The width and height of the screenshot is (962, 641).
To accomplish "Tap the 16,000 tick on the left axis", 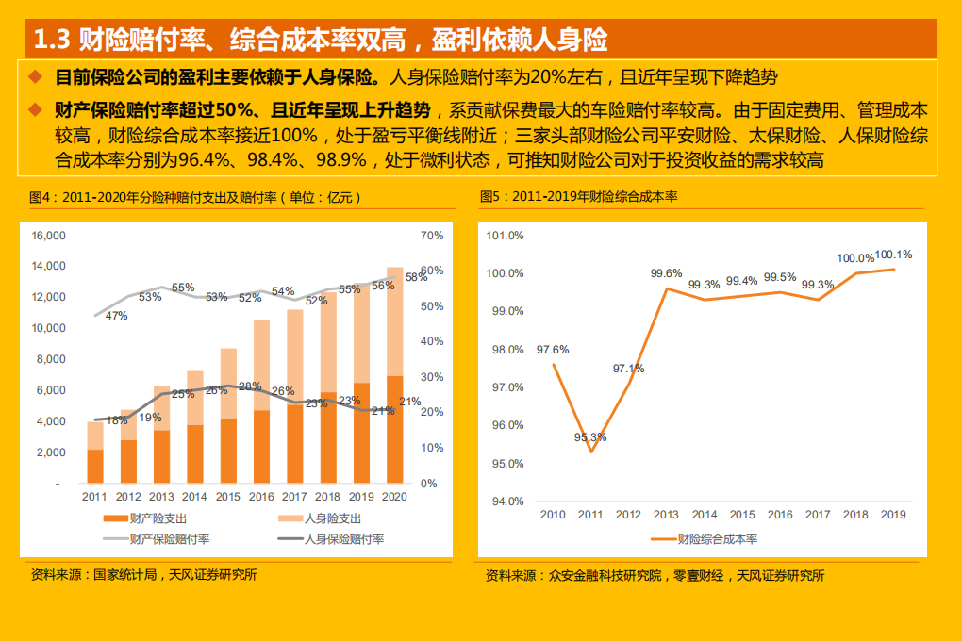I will tap(49, 235).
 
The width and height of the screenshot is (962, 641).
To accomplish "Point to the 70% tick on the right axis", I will tap(430, 235).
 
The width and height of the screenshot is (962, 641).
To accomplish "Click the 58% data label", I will tap(416, 277).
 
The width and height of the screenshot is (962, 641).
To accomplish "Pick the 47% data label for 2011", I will tap(116, 316).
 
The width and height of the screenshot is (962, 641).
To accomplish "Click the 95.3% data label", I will tap(590, 437).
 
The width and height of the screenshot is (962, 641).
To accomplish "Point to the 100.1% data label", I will tap(894, 255).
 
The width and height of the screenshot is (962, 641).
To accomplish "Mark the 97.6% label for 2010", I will tap(553, 350).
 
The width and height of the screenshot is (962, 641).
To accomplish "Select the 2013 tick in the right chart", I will tap(666, 515).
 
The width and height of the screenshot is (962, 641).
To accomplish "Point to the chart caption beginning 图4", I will tap(195, 197).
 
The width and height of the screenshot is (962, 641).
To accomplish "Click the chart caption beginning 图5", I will tap(579, 197).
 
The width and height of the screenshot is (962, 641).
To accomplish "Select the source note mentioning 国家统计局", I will tap(143, 575).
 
